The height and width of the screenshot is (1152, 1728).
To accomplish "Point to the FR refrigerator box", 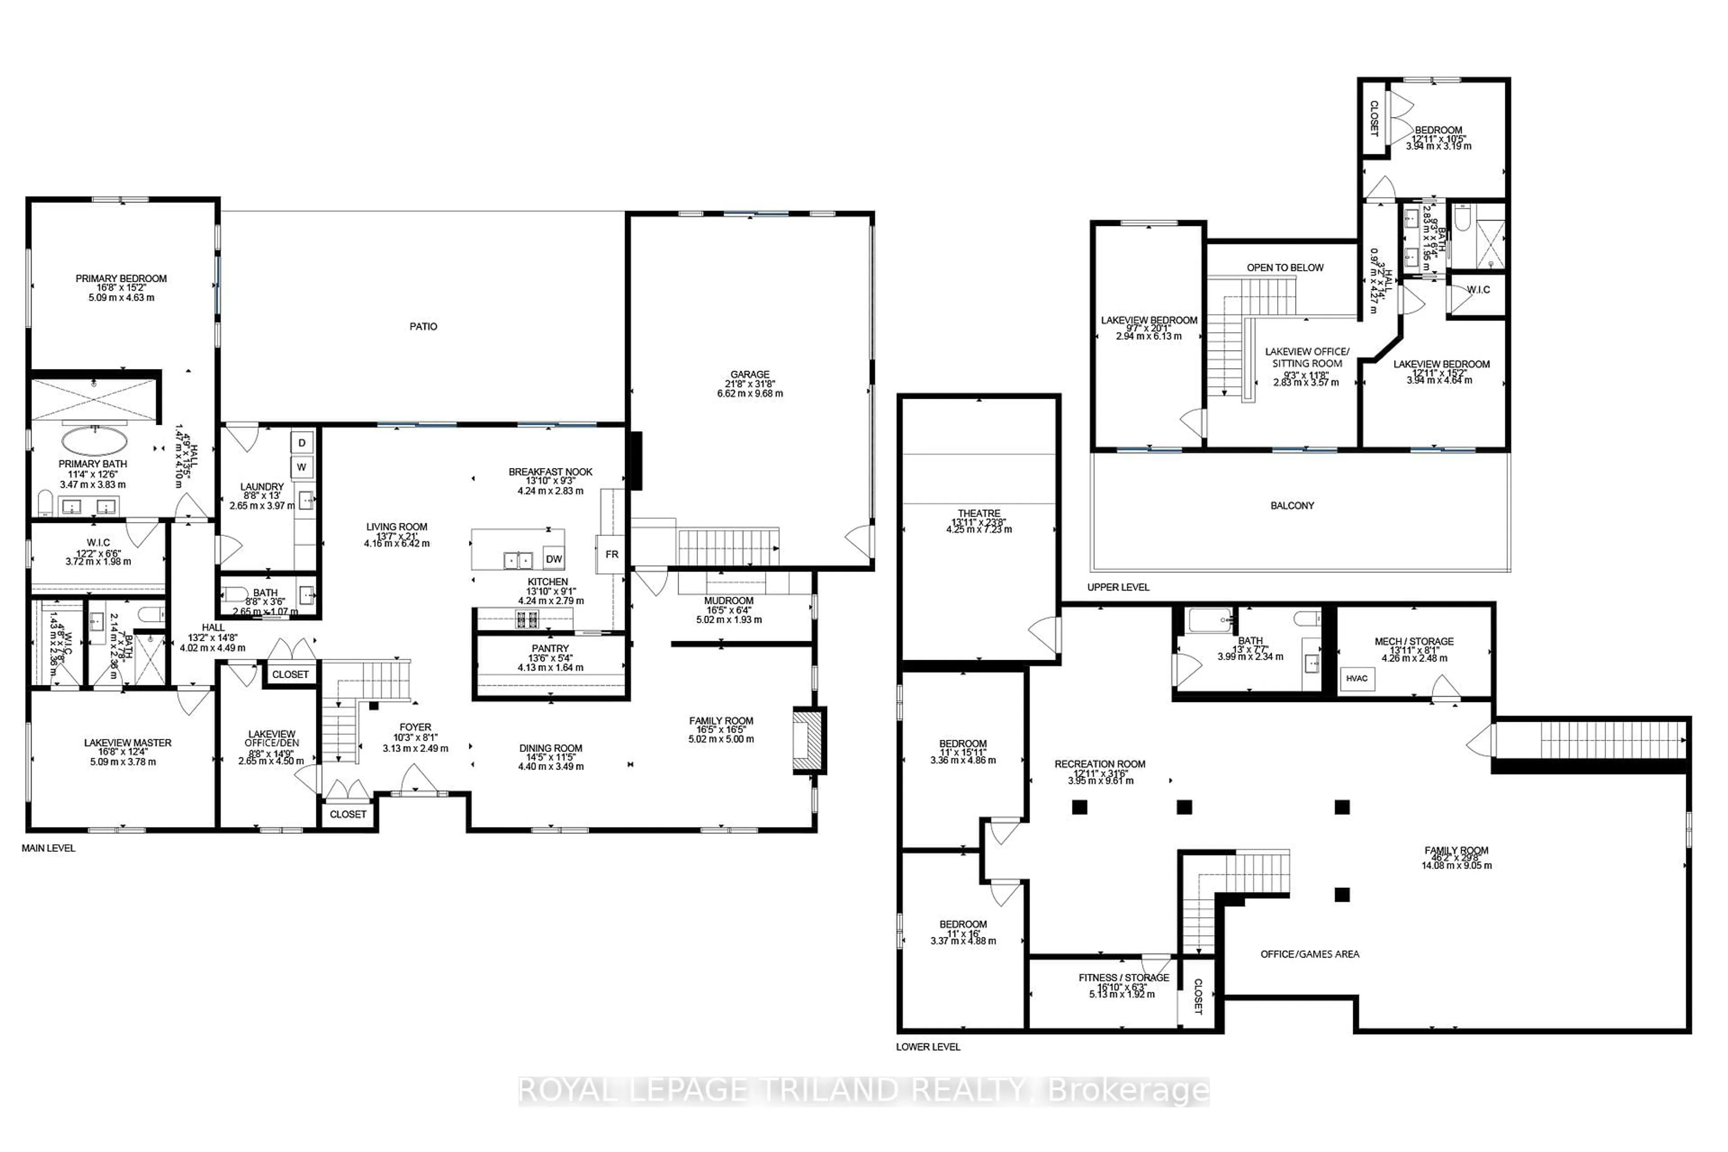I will pos(611,554).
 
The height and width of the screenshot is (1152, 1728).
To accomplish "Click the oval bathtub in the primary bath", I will pos(94,441).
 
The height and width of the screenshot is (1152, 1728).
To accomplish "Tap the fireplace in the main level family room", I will pos(808,740).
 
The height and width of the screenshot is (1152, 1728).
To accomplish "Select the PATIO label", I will pos(423,326).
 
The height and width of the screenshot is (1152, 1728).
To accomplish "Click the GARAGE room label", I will pos(749,374).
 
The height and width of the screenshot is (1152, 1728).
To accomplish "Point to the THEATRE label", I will pos(979,513).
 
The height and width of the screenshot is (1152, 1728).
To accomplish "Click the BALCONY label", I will pos(1291,505).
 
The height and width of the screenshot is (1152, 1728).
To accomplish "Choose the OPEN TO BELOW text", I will pos(1285,267).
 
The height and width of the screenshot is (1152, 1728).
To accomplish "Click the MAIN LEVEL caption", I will pos(49,848).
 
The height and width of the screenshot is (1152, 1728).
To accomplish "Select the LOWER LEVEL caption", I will pos(928,1046).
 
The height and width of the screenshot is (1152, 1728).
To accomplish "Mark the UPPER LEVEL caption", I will pos(1118,587).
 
